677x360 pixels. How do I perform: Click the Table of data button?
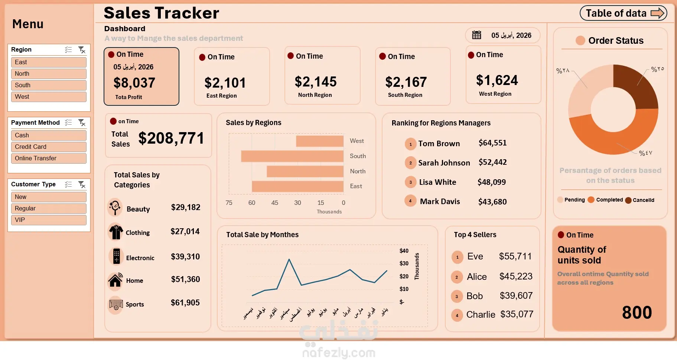pos(623,13)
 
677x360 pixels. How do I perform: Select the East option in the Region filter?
pos(49,62)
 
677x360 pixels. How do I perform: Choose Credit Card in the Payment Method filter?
pos(49,147)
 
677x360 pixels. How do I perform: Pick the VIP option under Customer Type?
pos(49,220)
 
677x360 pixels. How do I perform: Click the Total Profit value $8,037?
pos(134,83)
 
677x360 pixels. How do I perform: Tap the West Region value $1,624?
pos(497,80)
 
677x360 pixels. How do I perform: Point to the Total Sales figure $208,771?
pos(171,138)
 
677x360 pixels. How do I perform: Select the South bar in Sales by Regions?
pos(292,156)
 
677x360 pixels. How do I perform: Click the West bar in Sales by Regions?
pos(319,141)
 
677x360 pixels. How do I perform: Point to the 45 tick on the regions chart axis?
pos(275,203)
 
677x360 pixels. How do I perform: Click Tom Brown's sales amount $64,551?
pos(492,143)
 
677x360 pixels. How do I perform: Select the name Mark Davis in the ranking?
pos(440,202)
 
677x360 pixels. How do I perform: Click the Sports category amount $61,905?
pos(185,303)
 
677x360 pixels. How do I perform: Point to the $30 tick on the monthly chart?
pos(404,264)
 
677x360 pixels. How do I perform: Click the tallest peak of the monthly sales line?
pos(289,259)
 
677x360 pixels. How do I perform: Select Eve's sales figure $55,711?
pos(515,256)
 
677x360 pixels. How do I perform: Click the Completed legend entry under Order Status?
pos(609,200)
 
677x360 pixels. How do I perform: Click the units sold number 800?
pos(637,312)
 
